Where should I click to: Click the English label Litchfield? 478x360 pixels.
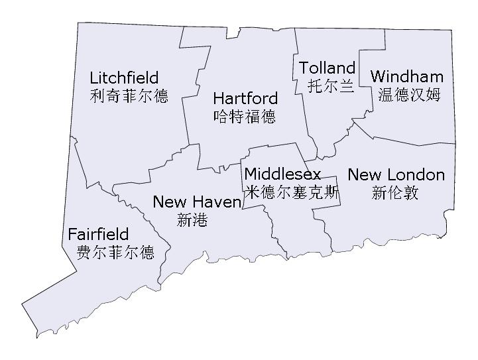124,78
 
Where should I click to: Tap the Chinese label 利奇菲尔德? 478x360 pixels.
129,95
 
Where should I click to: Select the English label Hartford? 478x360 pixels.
245,99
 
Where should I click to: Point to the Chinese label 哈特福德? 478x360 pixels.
245,117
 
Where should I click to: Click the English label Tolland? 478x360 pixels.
327,68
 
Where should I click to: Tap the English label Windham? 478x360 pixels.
406,76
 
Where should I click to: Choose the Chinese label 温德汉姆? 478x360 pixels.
409,94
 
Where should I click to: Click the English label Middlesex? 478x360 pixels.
282,174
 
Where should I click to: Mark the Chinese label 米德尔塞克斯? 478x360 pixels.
292,192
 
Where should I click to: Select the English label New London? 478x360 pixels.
396,175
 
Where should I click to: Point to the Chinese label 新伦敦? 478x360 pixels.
395,193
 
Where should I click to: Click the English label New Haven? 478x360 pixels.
197,202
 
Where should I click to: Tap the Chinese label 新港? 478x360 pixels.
192,220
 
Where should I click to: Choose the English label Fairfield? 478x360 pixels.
98,235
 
